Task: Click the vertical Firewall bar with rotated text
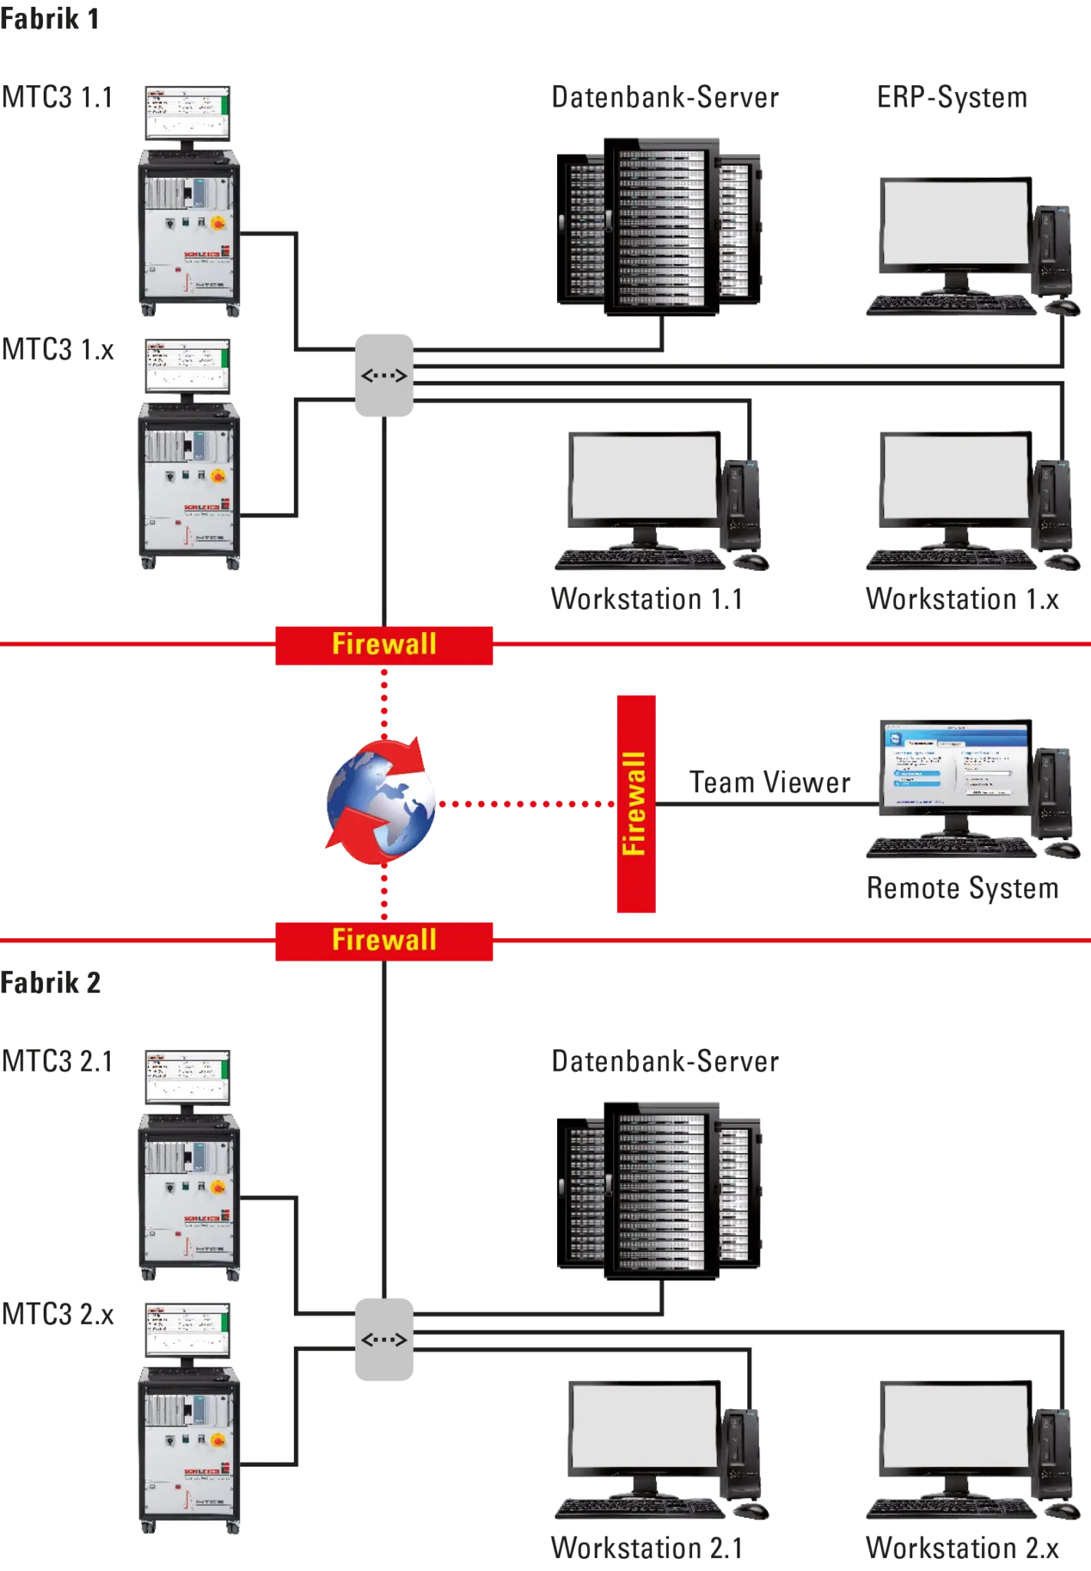[635, 803]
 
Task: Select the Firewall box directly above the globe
[384, 644]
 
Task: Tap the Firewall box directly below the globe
[384, 940]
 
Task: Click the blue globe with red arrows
[381, 801]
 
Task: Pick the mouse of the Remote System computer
[1063, 849]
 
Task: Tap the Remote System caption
[963, 888]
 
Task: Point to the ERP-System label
[954, 97]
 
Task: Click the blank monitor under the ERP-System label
[955, 222]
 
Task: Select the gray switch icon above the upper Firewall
[384, 376]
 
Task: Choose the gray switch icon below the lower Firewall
[384, 1340]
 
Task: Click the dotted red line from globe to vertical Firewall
[526, 804]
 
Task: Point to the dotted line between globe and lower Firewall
[384, 894]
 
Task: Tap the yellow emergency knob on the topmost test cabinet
[218, 223]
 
